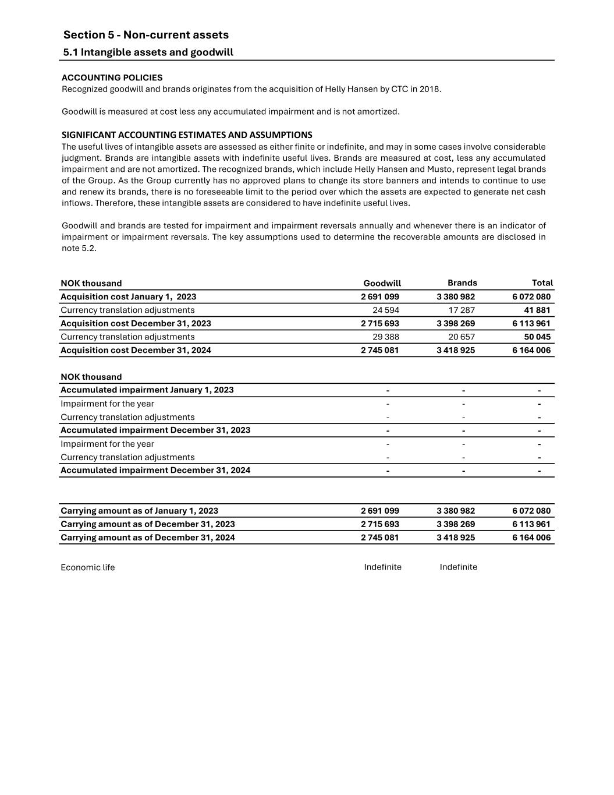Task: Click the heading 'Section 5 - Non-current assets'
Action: pyautogui.click(x=145, y=35)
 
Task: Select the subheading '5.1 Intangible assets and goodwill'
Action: pyautogui.click(x=148, y=52)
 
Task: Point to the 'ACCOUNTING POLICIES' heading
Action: pyautogui.click(x=112, y=77)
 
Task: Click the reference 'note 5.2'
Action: pyautogui.click(x=78, y=248)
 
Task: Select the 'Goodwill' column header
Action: pyautogui.click(x=382, y=284)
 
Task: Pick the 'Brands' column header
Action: pyautogui.click(x=462, y=283)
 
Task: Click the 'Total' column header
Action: pyautogui.click(x=542, y=283)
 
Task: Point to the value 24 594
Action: pyautogui.click(x=386, y=310)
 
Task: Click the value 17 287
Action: pyautogui.click(x=462, y=310)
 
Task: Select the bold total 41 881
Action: pyautogui.click(x=537, y=310)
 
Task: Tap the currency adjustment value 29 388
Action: pyautogui.click(x=386, y=337)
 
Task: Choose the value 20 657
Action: pyautogui.click(x=462, y=337)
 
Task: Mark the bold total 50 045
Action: pyautogui.click(x=537, y=337)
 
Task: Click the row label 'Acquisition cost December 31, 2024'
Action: pyautogui.click(x=136, y=351)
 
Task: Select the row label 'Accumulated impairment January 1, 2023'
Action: pyautogui.click(x=147, y=390)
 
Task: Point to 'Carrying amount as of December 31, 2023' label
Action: pyautogui.click(x=148, y=524)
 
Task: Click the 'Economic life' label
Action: pyautogui.click(x=87, y=568)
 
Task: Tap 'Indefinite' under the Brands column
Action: pyautogui.click(x=458, y=567)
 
